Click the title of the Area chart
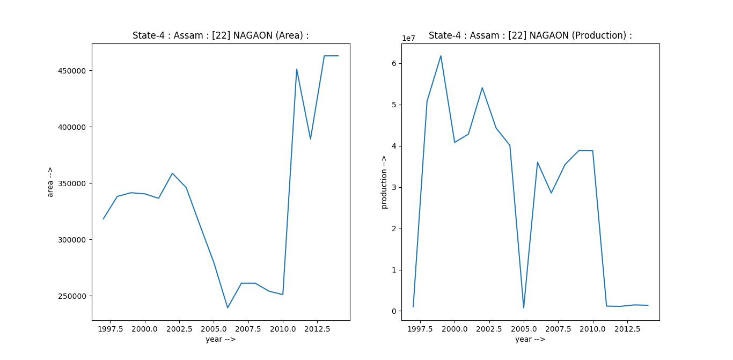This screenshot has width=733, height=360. point(221,35)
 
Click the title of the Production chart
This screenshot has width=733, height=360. point(530,35)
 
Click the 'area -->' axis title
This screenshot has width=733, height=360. point(50,182)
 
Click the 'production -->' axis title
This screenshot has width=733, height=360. point(384,182)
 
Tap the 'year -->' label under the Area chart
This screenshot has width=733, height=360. point(221,339)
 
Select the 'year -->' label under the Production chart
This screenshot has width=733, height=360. point(530,339)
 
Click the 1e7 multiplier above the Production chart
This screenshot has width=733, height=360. point(409,38)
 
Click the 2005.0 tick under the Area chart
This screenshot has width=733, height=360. point(214,328)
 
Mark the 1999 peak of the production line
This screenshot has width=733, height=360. point(441,56)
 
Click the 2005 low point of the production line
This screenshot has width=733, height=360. point(524,307)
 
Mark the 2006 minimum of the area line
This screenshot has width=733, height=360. point(228,307)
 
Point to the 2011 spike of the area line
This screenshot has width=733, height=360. point(296,69)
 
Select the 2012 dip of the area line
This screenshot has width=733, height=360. point(310,139)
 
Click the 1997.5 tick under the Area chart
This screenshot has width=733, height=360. point(110,328)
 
